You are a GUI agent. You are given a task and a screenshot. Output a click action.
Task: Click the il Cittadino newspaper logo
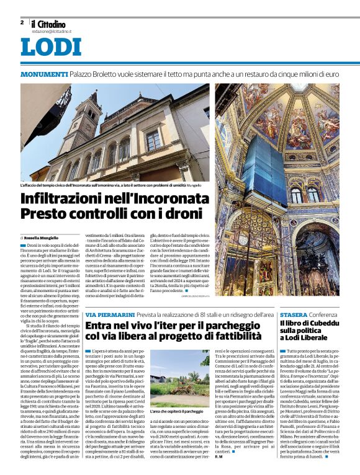[x=49, y=24]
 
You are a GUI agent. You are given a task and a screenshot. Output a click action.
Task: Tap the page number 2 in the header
[x=22, y=22]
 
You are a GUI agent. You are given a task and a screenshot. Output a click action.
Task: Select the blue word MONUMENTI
[x=43, y=74]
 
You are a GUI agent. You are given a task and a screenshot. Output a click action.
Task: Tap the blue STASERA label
[x=294, y=315]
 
